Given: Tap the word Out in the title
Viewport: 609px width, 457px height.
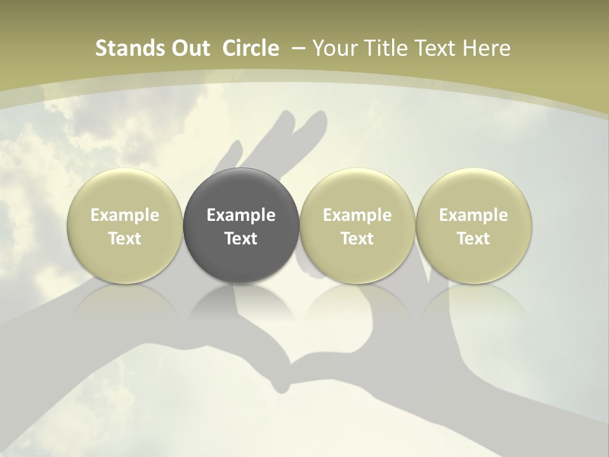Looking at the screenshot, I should (x=190, y=48).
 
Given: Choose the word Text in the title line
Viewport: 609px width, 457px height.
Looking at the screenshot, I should (x=433, y=48).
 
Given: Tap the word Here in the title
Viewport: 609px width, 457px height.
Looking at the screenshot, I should (x=485, y=48).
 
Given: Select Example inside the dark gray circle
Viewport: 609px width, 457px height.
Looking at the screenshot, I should (x=241, y=215).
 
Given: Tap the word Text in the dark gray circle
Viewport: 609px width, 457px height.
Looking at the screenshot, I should (x=241, y=239).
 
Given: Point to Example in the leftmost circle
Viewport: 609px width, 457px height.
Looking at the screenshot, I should (x=125, y=215).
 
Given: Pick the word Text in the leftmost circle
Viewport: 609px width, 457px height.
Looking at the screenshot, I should (x=125, y=239).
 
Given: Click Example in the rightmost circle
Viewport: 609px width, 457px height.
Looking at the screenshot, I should (x=474, y=215).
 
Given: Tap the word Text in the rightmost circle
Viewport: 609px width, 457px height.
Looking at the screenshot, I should (x=474, y=239).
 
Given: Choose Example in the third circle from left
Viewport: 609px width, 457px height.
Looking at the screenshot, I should (x=357, y=215).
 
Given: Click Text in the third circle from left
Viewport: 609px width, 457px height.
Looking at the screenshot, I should (x=357, y=239).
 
